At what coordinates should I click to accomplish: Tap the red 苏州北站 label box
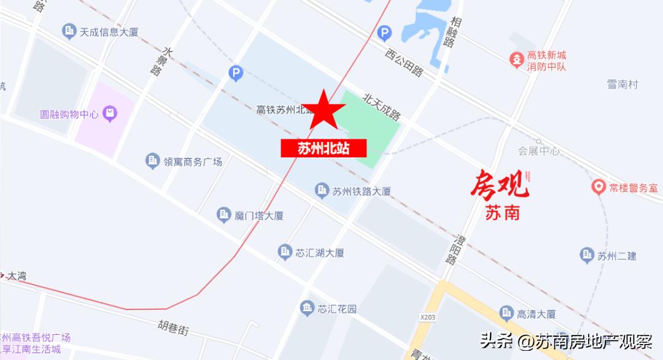324,148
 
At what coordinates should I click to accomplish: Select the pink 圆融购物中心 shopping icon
110,113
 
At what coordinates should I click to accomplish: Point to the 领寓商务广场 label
192,162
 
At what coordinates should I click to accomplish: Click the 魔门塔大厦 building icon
224,215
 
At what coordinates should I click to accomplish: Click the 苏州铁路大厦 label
362,191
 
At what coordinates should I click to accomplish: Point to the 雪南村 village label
622,85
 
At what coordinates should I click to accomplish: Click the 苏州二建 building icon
586,254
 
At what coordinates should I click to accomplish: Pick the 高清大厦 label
536,314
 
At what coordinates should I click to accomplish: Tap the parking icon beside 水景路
236,74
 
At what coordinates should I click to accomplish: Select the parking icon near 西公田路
384,32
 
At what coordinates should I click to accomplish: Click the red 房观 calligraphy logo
498,185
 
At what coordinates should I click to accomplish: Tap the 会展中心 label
538,151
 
